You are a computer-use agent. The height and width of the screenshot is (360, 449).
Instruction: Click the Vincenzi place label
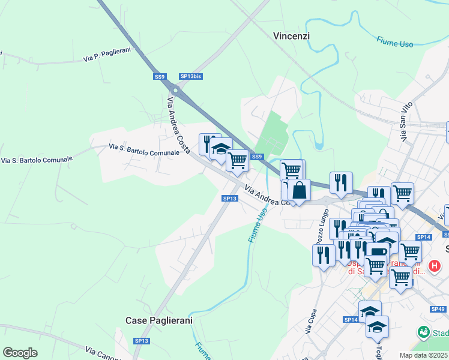pyautogui.click(x=291, y=36)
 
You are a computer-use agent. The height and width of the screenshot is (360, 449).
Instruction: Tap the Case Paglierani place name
pyautogui.click(x=159, y=320)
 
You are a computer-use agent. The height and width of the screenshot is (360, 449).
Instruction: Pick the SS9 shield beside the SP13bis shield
pyautogui.click(x=159, y=76)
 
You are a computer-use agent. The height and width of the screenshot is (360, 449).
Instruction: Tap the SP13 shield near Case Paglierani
pyautogui.click(x=141, y=341)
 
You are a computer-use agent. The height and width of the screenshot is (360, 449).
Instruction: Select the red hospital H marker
pyautogui.click(x=435, y=265)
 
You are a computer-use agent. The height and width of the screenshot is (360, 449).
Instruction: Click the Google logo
pyautogui.click(x=20, y=352)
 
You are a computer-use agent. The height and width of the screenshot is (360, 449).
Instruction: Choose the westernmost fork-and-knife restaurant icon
pyautogui.click(x=209, y=143)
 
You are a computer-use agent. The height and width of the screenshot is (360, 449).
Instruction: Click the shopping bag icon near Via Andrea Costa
pyautogui.click(x=299, y=190)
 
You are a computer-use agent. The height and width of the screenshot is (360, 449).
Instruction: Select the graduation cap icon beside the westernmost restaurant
pyautogui.click(x=221, y=148)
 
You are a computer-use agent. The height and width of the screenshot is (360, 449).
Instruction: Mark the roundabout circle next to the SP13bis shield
pyautogui.click(x=175, y=90)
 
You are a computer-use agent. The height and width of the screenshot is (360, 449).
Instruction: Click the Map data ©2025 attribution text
pyautogui.click(x=423, y=355)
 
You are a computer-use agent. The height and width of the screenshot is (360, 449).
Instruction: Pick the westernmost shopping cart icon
pyautogui.click(x=238, y=160)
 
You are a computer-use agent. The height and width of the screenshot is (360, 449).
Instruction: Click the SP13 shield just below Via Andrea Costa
pyautogui.click(x=229, y=198)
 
